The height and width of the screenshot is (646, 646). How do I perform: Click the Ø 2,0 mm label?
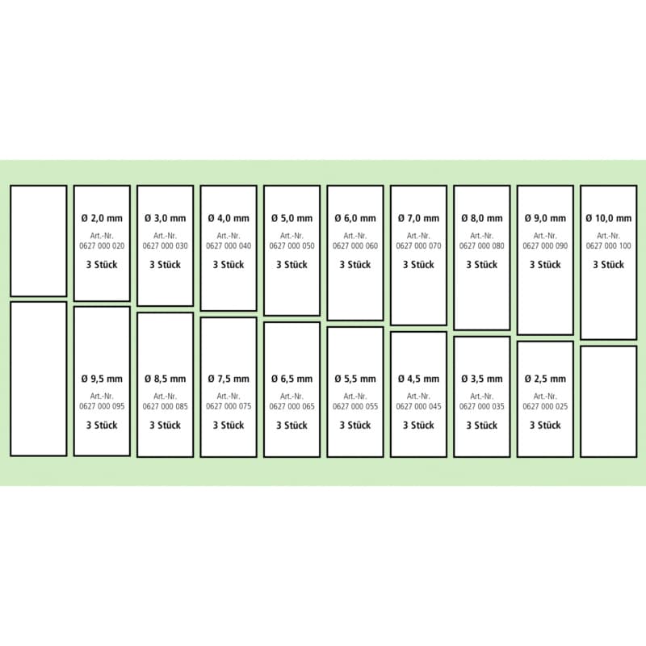[102, 218]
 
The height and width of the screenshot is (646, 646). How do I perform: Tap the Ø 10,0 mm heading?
[609, 218]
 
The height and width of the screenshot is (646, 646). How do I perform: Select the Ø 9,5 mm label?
[102, 379]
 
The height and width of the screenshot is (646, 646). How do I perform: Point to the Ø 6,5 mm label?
[292, 379]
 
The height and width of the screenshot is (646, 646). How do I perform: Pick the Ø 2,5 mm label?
[545, 379]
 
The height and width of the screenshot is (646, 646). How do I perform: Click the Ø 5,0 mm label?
[292, 218]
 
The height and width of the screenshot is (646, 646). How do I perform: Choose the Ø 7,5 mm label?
[229, 379]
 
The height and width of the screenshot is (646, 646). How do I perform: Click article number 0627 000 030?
[166, 246]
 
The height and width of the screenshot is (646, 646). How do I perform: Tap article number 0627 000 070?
[418, 246]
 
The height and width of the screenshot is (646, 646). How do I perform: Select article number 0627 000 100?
[609, 246]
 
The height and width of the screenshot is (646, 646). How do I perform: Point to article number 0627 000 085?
[166, 406]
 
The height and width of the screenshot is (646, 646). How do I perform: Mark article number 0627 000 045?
[418, 406]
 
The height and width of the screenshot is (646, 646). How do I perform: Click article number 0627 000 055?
[355, 406]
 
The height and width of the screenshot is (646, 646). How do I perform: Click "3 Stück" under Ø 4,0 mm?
[229, 265]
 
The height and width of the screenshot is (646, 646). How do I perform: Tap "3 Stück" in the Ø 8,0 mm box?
[482, 265]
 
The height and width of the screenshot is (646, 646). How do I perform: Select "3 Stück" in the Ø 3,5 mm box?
[482, 425]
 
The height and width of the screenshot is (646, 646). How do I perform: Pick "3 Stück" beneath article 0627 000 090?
[545, 265]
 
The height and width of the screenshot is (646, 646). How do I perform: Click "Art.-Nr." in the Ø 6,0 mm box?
[355, 236]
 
